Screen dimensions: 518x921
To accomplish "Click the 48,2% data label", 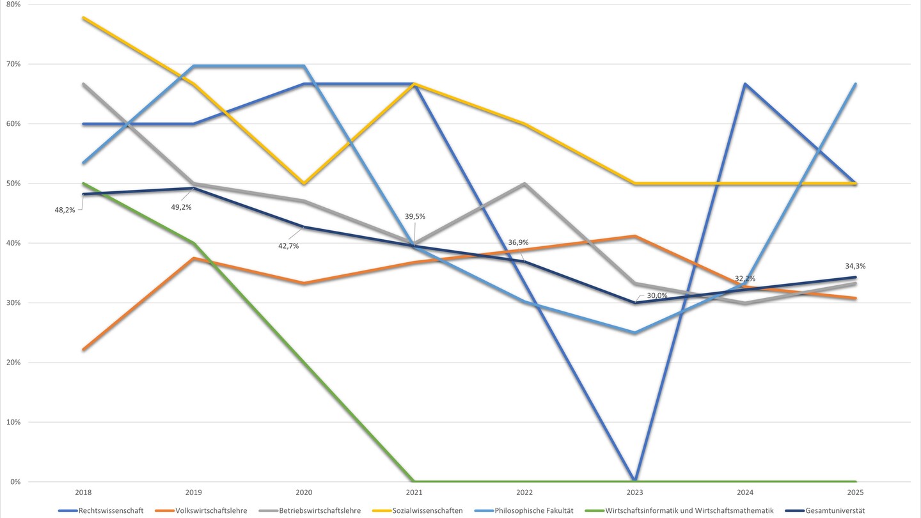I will [x=65, y=209].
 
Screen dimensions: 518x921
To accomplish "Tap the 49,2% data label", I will [x=181, y=207].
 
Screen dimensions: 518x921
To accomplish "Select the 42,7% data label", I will [x=288, y=246].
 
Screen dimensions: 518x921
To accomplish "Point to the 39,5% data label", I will [x=416, y=217].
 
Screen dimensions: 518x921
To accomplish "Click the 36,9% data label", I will [x=518, y=242].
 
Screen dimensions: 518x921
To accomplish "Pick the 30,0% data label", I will [x=657, y=295].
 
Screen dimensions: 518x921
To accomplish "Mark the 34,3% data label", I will [x=855, y=266].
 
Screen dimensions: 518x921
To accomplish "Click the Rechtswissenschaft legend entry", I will [x=107, y=510].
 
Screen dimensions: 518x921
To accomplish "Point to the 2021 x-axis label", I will [x=414, y=493].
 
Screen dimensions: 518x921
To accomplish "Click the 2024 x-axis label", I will [x=745, y=493].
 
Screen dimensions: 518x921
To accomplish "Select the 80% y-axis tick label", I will [x=13, y=4].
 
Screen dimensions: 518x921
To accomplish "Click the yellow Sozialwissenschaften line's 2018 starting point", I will [x=83, y=18].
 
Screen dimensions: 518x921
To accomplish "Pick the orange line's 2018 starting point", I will [x=83, y=350].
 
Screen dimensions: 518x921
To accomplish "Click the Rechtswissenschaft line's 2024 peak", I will [x=745, y=84].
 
